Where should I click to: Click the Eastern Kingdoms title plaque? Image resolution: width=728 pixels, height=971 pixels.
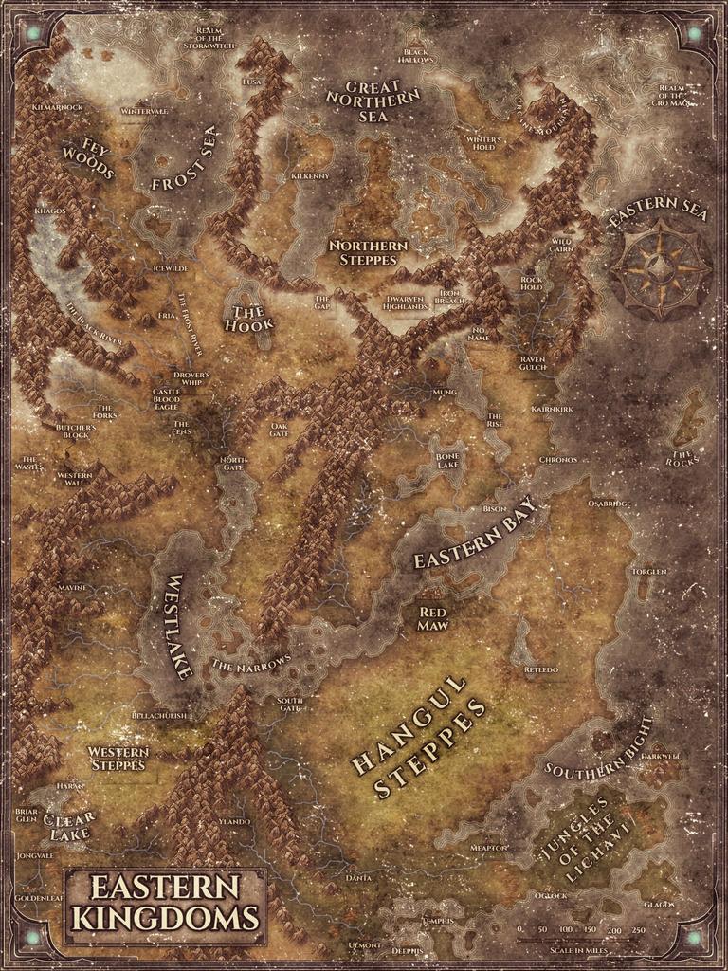pos(166,904)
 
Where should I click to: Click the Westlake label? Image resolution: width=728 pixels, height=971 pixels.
pos(179,626)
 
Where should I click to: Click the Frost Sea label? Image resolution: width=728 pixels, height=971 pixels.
pos(184,161)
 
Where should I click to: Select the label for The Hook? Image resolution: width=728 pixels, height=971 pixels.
pos(249,317)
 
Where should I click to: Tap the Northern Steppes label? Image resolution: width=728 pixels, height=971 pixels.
pos(368,252)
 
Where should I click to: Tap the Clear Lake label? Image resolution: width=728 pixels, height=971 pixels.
pos(68,825)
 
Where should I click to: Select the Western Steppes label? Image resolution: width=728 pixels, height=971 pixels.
pos(118,758)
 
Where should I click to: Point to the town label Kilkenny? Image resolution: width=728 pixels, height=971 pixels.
pos(310,176)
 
